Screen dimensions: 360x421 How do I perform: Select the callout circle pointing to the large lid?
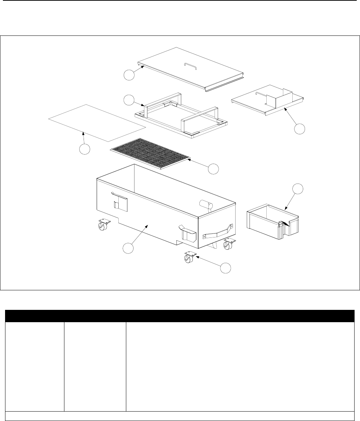pyautogui.click(x=128, y=75)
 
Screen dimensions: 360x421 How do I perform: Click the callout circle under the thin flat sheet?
pyautogui.click(x=85, y=149)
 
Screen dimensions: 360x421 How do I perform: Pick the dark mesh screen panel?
pyautogui.click(x=151, y=153)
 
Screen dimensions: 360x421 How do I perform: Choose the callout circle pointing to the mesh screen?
pyautogui.click(x=213, y=168)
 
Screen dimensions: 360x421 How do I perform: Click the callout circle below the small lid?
pyautogui.click(x=299, y=129)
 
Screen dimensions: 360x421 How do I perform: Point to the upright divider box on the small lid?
pyautogui.click(x=279, y=98)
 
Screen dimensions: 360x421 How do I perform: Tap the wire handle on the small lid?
pyautogui.click(x=259, y=94)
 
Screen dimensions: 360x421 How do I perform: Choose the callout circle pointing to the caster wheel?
pyautogui.click(x=226, y=268)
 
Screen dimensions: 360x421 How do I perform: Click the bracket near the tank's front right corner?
pyautogui.click(x=188, y=233)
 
